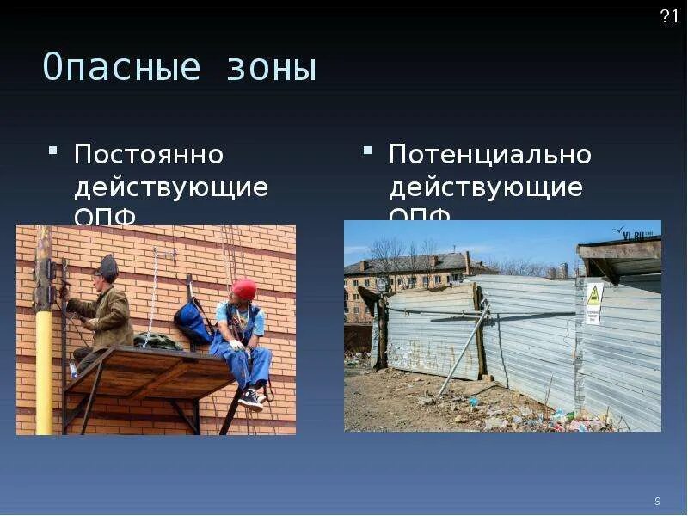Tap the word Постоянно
149,156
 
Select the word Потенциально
490,156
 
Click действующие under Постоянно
171,187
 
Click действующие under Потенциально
486,187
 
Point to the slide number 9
658,501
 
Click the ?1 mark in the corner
670,17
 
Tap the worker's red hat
244,288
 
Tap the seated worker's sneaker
251,398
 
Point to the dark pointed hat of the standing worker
107,266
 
